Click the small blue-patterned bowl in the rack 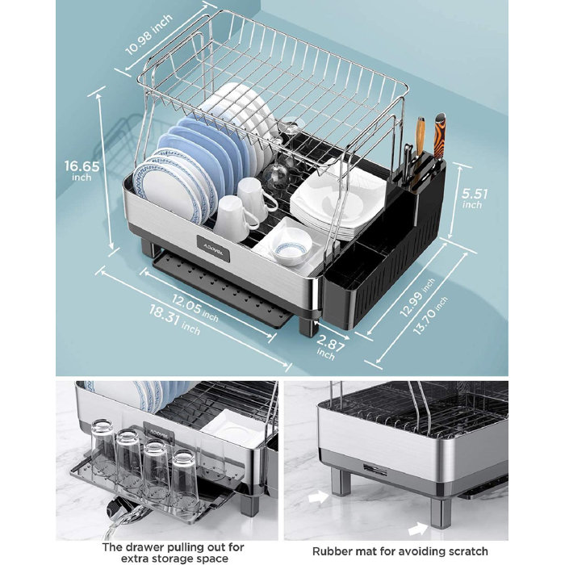(290, 247)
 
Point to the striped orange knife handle (439, 136)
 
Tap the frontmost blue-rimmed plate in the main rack (166, 190)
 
